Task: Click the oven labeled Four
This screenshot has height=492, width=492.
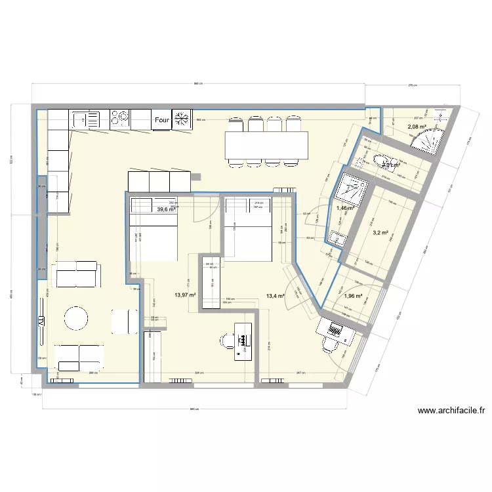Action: point(162,120)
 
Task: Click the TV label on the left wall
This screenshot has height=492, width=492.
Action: point(41,322)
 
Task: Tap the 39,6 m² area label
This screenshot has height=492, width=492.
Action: point(166,210)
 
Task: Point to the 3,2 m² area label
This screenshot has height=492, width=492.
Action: point(380,232)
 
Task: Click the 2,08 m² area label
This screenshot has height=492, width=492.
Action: point(417,127)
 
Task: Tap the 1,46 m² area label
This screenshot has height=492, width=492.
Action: point(346,209)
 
